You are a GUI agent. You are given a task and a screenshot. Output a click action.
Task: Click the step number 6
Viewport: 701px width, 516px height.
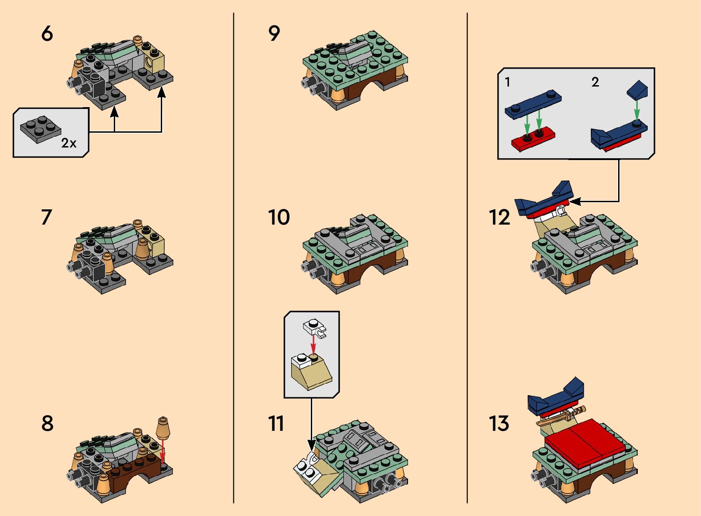coord(47,34)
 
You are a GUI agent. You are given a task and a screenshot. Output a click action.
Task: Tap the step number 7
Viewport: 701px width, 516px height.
coord(46,217)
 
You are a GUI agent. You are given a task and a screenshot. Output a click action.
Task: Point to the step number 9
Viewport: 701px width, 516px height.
coord(274,34)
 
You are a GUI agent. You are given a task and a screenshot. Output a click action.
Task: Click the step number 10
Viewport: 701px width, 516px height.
coord(279,217)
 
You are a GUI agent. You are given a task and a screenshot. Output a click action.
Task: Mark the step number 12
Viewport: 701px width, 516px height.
coord(499,217)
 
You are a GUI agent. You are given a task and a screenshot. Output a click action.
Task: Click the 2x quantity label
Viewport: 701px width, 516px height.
coord(69,143)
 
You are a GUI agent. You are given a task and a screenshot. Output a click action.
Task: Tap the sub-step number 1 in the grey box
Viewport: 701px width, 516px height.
coord(507,82)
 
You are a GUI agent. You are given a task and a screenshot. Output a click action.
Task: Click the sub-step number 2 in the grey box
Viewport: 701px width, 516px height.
coord(595,82)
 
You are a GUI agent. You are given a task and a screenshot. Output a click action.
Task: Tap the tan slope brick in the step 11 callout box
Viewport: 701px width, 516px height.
coord(311,372)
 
